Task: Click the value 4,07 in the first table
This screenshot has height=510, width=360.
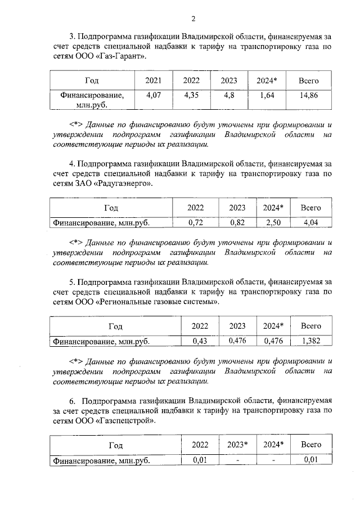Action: pyautogui.click(x=154, y=96)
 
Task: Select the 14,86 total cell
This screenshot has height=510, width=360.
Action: pyautogui.click(x=309, y=96)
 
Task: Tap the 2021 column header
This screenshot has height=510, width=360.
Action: pyautogui.click(x=154, y=81)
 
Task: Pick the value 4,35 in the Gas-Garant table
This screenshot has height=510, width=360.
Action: pyautogui.click(x=191, y=96)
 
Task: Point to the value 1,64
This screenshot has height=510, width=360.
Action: pyautogui.click(x=267, y=96)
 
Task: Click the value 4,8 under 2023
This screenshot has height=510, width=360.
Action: pyautogui.click(x=229, y=96)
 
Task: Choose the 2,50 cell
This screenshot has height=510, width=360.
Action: pyautogui.click(x=273, y=223)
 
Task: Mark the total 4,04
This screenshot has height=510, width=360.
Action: pyautogui.click(x=310, y=223)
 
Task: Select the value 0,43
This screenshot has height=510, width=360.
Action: pyautogui.click(x=200, y=341)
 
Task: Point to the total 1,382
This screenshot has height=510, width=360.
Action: pyautogui.click(x=310, y=341)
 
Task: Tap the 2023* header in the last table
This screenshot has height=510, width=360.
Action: pyautogui.click(x=237, y=445)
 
